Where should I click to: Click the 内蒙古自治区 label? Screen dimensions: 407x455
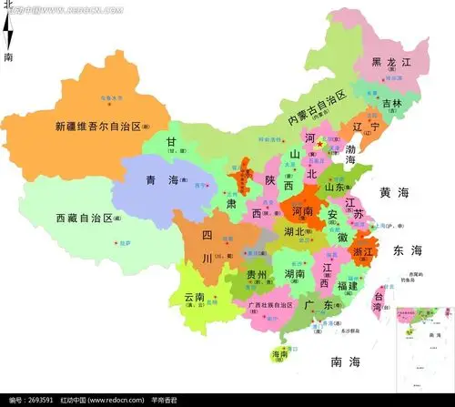318,107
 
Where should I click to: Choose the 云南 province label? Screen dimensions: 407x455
195,297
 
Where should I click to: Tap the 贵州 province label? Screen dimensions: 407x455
257,274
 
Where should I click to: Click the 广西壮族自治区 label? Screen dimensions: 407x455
264,304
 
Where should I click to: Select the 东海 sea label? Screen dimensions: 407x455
406,249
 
